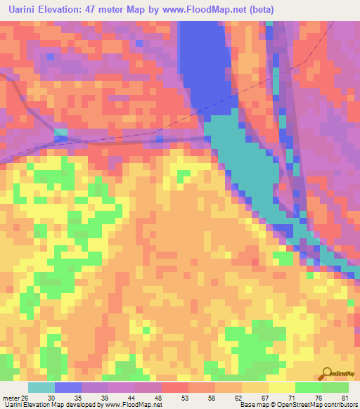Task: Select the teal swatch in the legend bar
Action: tap(41, 388)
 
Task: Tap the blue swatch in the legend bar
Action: tap(68, 388)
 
